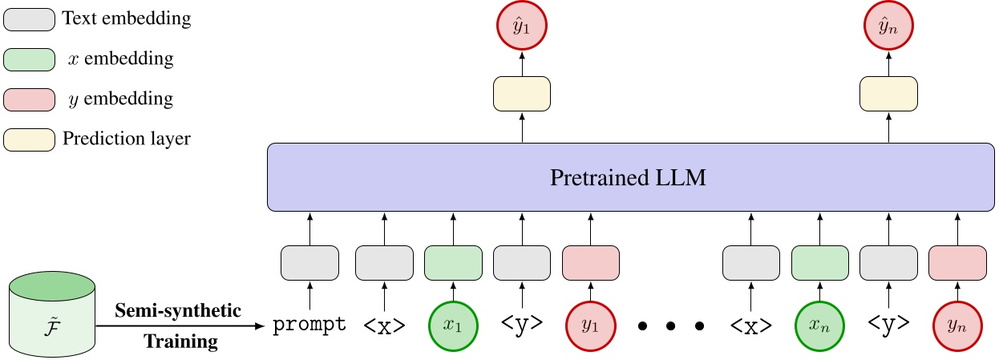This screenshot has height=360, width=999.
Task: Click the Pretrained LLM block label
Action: click(629, 177)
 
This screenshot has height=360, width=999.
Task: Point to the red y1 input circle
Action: click(590, 326)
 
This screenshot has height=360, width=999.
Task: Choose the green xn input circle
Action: click(819, 326)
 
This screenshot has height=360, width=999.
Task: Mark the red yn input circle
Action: click(957, 326)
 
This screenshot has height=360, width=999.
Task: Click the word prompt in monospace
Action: click(309, 326)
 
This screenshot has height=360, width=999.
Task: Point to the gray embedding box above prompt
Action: click(309, 263)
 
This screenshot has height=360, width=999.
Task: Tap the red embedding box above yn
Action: click(957, 263)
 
